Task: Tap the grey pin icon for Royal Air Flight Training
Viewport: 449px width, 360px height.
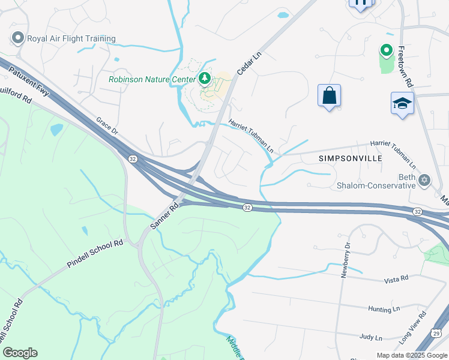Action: (17, 38)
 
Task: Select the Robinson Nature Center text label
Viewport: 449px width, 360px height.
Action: (152, 79)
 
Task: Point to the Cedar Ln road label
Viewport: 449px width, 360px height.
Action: (250, 62)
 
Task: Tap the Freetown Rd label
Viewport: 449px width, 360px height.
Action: (405, 67)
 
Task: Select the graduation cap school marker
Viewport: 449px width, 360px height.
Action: (402, 103)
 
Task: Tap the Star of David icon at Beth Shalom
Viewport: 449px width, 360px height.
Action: (425, 179)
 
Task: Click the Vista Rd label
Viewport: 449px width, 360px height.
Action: (396, 278)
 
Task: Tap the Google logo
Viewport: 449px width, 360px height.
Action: (20, 353)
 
